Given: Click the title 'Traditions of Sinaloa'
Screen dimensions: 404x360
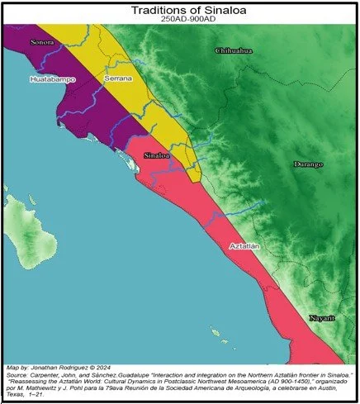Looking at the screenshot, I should (x=179, y=9).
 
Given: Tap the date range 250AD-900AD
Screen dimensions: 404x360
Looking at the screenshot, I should (x=179, y=19).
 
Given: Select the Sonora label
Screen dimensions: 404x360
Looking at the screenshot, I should (x=42, y=40).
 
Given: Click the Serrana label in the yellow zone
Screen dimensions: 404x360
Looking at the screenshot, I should (x=118, y=78).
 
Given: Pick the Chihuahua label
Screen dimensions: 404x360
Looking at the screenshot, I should (x=234, y=51).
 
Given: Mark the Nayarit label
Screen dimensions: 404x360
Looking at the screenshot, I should (x=322, y=317).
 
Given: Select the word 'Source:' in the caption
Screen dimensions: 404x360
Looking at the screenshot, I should (x=18, y=373).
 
